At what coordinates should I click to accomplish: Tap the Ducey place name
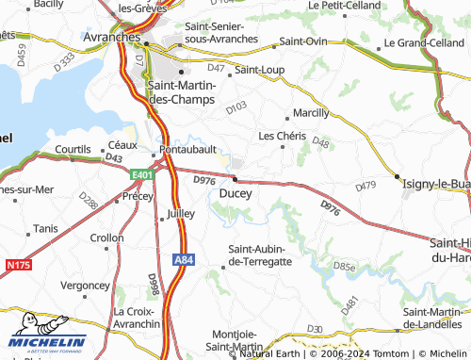click(235, 192)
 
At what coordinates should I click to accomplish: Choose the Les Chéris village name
click(282, 136)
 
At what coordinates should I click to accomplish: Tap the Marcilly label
click(312, 112)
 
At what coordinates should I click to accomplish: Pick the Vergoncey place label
click(85, 284)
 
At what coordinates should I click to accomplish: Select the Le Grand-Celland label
click(422, 43)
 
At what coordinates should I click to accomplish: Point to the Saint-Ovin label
click(302, 41)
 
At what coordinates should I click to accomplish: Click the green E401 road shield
click(142, 174)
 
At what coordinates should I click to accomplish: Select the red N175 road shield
click(17, 266)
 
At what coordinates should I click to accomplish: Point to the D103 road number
click(237, 109)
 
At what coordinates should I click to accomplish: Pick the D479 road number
click(366, 188)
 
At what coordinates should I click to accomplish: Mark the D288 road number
click(88, 200)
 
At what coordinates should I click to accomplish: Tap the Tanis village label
click(45, 228)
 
